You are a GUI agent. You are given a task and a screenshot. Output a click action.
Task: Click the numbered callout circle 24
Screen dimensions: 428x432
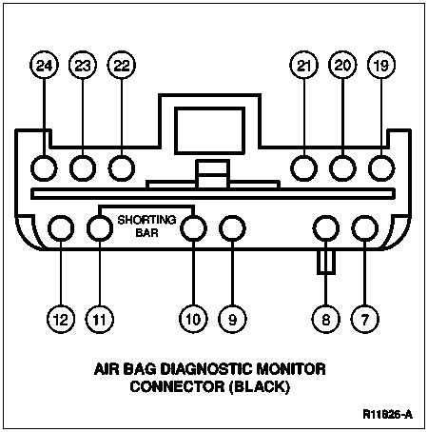(x=44, y=65)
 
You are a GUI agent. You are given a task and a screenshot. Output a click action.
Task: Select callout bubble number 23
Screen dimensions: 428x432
(x=83, y=65)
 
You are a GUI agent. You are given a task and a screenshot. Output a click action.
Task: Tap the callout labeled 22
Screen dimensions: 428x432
(x=122, y=65)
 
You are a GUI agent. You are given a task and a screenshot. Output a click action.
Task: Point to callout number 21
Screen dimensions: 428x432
(x=303, y=65)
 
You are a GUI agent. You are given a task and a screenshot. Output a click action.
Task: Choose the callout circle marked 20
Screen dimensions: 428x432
(x=342, y=65)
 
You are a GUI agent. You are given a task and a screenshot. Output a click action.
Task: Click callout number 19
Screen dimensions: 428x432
(x=381, y=65)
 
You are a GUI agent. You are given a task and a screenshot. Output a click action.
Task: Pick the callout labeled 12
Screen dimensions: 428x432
(x=61, y=319)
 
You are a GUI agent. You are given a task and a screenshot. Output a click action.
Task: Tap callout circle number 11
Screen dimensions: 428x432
(x=100, y=319)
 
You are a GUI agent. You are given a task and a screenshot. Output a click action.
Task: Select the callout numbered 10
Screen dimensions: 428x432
(x=193, y=319)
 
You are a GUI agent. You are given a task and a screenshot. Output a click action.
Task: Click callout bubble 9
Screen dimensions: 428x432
(x=232, y=319)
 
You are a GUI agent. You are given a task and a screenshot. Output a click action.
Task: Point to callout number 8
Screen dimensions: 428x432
(x=326, y=319)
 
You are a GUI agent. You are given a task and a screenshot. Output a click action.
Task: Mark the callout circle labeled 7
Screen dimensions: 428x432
(x=365, y=319)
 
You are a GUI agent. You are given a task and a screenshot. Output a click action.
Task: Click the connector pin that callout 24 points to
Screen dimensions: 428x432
(x=44, y=168)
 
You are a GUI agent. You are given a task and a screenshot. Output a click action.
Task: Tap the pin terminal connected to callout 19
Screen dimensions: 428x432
(x=381, y=168)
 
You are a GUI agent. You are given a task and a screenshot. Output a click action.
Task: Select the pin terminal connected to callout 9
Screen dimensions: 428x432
(x=232, y=228)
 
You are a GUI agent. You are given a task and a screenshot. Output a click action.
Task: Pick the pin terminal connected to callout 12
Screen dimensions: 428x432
(x=61, y=228)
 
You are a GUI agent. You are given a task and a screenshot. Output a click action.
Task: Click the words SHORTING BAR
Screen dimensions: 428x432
(x=146, y=226)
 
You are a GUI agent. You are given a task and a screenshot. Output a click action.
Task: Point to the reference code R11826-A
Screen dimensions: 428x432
(x=388, y=414)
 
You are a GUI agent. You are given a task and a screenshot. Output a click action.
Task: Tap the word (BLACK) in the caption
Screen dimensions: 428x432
(x=260, y=387)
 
